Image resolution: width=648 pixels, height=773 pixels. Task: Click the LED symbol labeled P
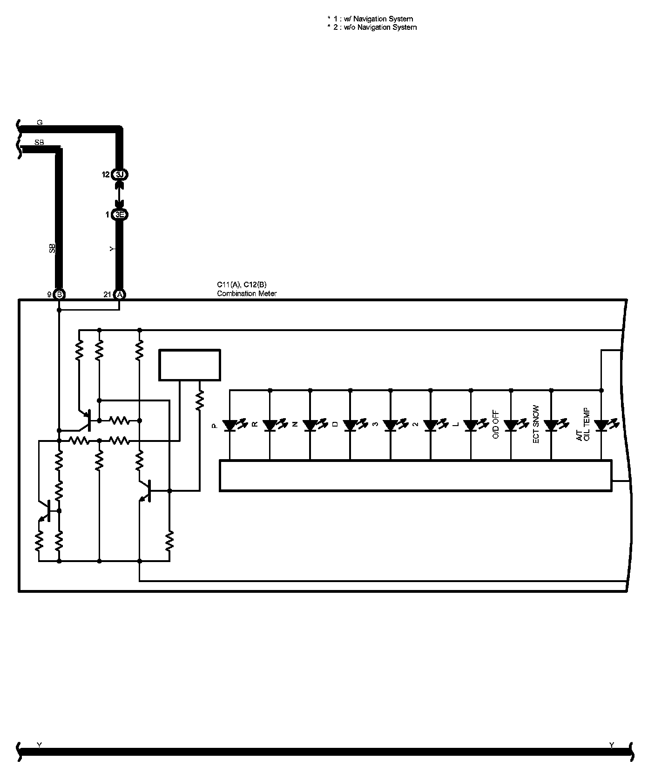pyautogui.click(x=230, y=425)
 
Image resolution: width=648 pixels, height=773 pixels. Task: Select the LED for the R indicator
pyautogui.click(x=270, y=425)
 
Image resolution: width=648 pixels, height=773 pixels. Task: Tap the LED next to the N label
pyautogui.click(x=310, y=425)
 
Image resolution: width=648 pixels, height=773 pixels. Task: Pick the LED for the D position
pyautogui.click(x=350, y=425)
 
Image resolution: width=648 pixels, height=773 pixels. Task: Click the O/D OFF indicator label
pyautogui.click(x=495, y=425)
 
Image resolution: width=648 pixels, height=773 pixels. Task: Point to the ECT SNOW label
pyautogui.click(x=536, y=425)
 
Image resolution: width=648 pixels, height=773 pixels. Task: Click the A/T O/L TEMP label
pyautogui.click(x=582, y=425)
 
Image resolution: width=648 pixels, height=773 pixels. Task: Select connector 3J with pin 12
pyautogui.click(x=120, y=175)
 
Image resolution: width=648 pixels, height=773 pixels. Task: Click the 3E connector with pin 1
pyautogui.click(x=120, y=215)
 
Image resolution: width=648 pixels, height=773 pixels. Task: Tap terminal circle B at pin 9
pyautogui.click(x=59, y=294)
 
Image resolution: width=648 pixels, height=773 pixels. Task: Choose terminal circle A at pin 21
pyautogui.click(x=120, y=294)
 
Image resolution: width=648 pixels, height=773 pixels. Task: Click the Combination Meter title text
pyautogui.click(x=247, y=293)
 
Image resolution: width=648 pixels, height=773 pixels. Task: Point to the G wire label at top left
pyautogui.click(x=40, y=122)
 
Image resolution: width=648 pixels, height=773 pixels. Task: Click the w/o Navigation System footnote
pyautogui.click(x=372, y=27)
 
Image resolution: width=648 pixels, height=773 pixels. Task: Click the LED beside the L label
pyautogui.click(x=471, y=425)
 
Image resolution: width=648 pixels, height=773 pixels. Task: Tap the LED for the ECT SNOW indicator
pyautogui.click(x=551, y=425)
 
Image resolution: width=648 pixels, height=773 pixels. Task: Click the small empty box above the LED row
pyautogui.click(x=189, y=365)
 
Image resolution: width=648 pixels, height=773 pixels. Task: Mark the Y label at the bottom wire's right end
pyautogui.click(x=612, y=746)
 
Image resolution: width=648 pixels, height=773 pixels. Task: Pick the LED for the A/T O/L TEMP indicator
pyautogui.click(x=601, y=425)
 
